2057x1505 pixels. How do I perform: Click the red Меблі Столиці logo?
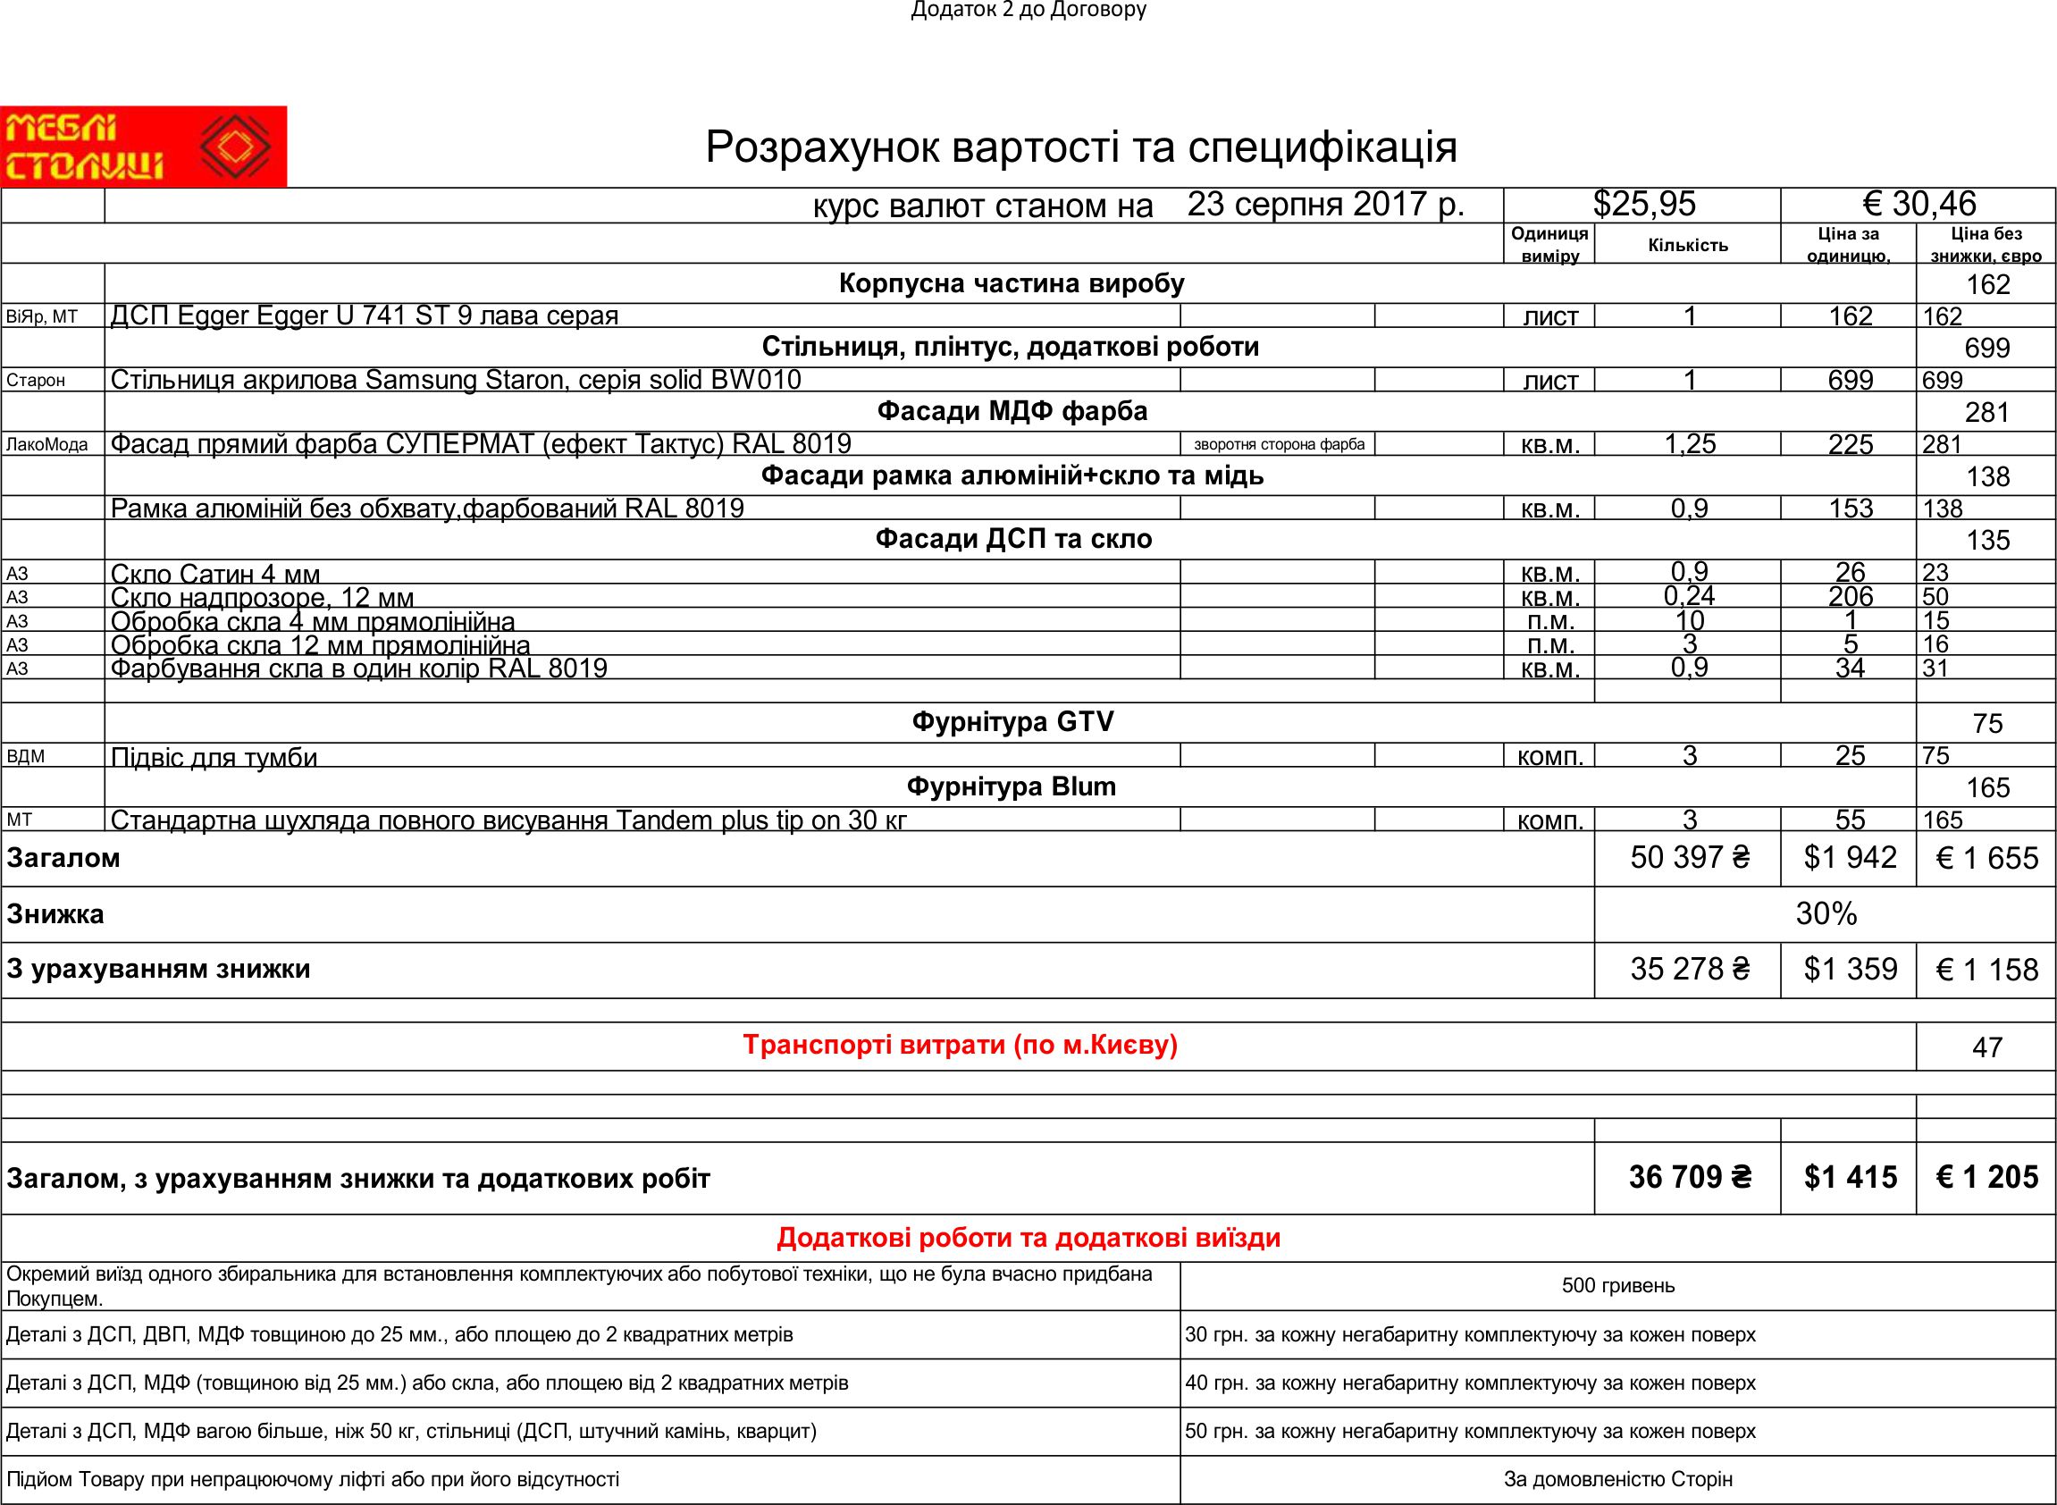[143, 147]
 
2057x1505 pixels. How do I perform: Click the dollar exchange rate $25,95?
[1644, 204]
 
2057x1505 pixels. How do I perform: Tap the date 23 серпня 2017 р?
[1325, 204]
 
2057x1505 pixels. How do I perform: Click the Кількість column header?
[1687, 245]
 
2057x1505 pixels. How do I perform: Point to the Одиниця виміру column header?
[1549, 244]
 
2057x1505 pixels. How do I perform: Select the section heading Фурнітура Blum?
[1012, 786]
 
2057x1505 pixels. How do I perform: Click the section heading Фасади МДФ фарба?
[1012, 412]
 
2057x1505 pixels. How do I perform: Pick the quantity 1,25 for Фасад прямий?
[1689, 444]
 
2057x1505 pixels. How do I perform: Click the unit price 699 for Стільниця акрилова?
[1850, 380]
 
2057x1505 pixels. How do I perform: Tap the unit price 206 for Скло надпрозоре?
[1850, 597]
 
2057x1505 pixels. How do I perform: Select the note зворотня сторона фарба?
[1279, 444]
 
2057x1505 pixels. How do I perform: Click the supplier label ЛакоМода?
[47, 444]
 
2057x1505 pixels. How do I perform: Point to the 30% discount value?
[1826, 913]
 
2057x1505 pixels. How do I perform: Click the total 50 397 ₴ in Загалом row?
[1689, 858]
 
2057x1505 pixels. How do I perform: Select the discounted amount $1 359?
[1850, 970]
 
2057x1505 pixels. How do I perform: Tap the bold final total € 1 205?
[1986, 1178]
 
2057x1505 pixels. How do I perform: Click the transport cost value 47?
[1986, 1047]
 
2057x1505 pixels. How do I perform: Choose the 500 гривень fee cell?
[1618, 1285]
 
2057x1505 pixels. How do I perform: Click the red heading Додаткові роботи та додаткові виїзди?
[1028, 1238]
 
